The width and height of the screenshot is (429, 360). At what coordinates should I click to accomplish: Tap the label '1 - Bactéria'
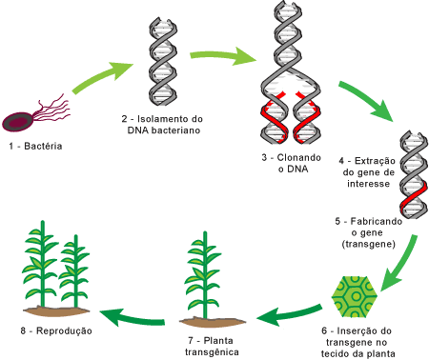coord(35,146)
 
